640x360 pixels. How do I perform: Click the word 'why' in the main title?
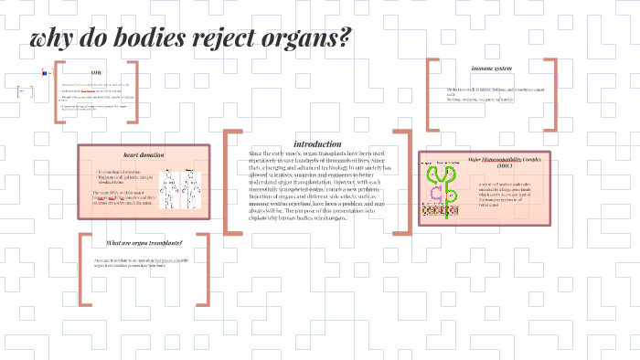coord(52,40)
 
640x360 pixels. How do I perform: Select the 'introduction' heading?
coord(317,143)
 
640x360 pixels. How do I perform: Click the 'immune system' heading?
coord(491,69)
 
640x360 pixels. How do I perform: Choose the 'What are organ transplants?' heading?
coord(144,242)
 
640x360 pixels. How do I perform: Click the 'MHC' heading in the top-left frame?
coord(97,72)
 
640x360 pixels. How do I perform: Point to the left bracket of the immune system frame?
coord(429,95)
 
